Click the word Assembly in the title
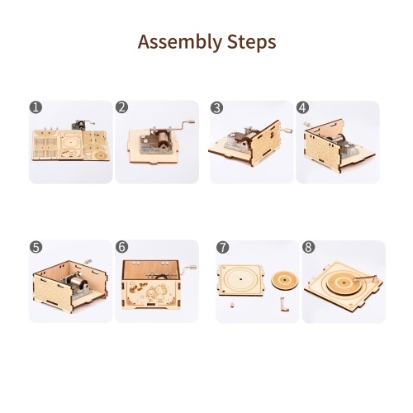click(180, 42)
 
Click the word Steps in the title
click(252, 42)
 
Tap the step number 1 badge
click(36, 107)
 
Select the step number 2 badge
click(122, 107)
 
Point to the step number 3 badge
click(216, 107)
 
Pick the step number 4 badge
click(302, 107)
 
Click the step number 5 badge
click(36, 247)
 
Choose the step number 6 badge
click(122, 247)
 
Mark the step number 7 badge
click(222, 247)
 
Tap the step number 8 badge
click(308, 247)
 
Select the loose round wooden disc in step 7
click(285, 281)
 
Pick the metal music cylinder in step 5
click(78, 283)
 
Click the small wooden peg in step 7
click(232, 305)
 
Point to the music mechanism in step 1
click(82, 125)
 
